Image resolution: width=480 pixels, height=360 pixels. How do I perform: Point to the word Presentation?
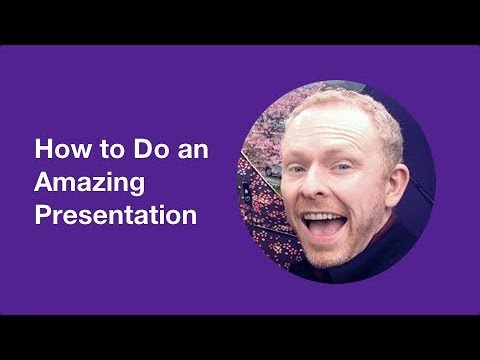(x=114, y=214)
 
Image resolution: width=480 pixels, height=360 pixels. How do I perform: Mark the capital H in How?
(x=43, y=151)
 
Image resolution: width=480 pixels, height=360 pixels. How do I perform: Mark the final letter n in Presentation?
(x=188, y=214)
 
